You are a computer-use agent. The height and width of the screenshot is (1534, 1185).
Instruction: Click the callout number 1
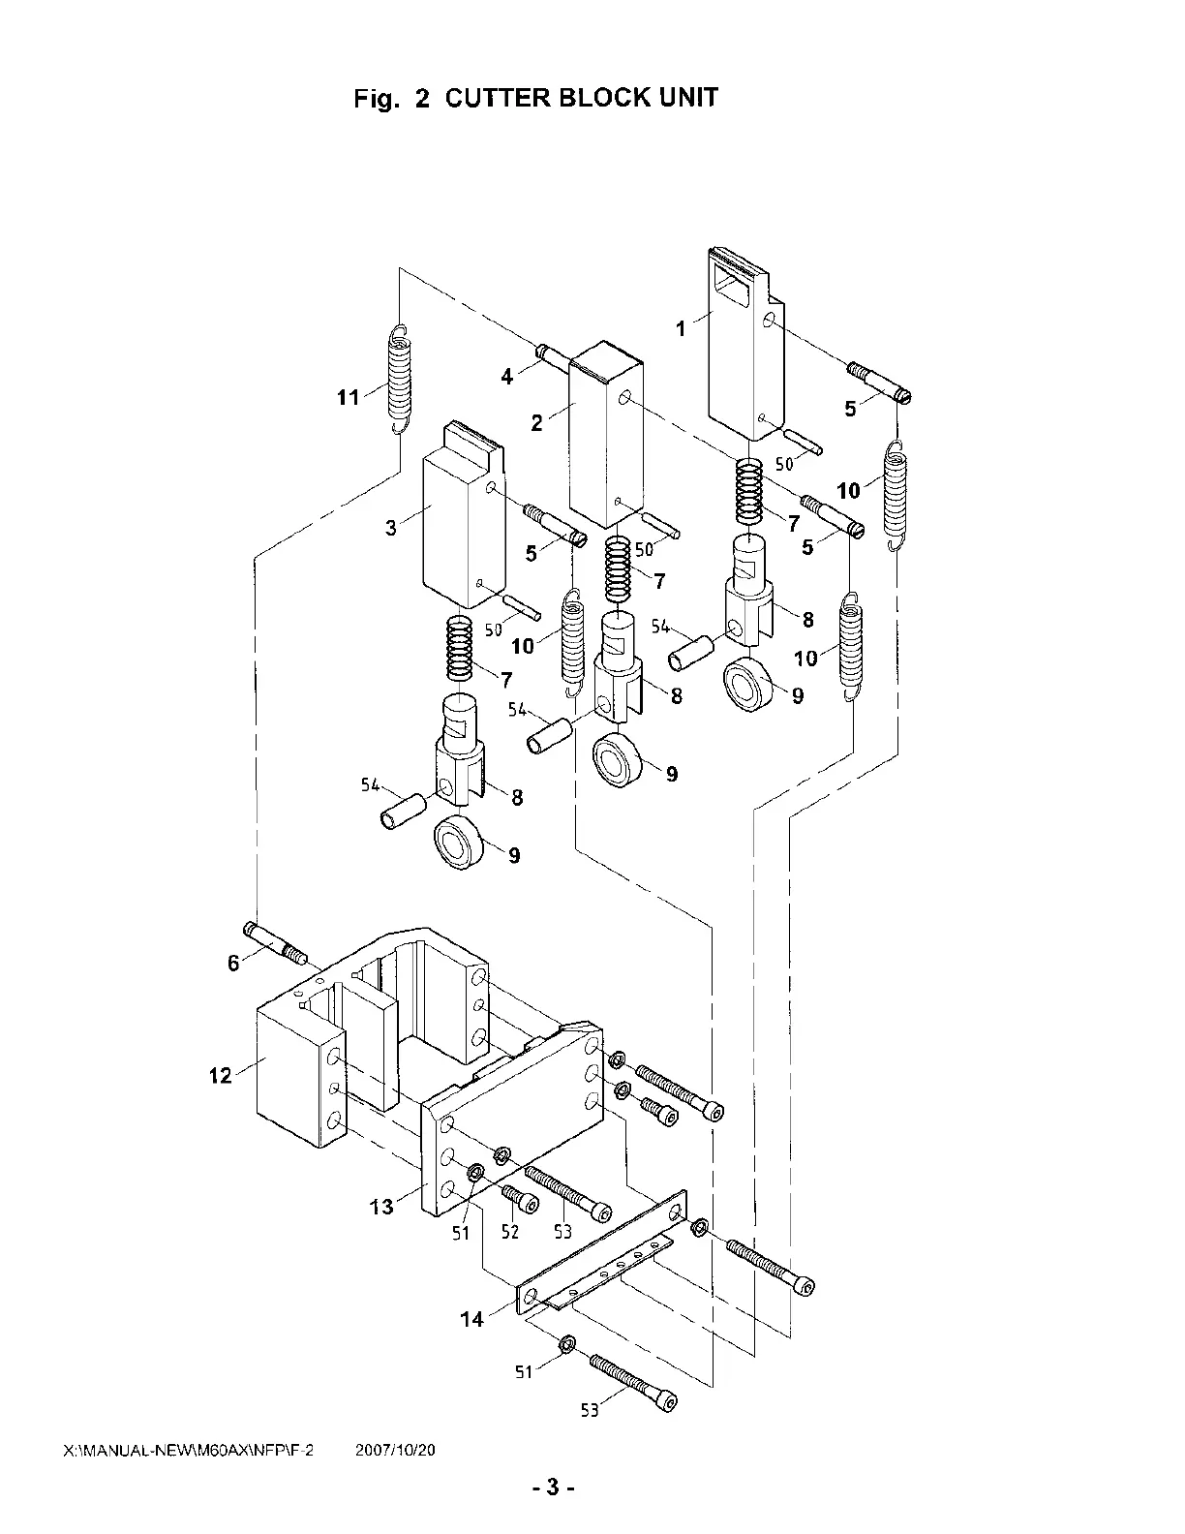681,329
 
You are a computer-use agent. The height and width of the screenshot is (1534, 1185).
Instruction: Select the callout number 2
537,423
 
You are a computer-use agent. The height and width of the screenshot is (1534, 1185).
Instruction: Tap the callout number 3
391,528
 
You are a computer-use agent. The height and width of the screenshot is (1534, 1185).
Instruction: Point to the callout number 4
506,377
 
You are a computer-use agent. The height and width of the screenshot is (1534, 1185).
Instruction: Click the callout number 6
233,963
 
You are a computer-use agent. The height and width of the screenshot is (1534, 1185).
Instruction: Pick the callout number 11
349,398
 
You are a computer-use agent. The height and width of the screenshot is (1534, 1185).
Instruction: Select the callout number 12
220,1076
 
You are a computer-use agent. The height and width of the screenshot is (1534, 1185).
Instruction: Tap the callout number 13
381,1207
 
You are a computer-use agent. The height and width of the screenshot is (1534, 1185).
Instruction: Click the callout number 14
471,1319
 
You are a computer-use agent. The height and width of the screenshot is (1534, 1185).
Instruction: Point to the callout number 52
509,1232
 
